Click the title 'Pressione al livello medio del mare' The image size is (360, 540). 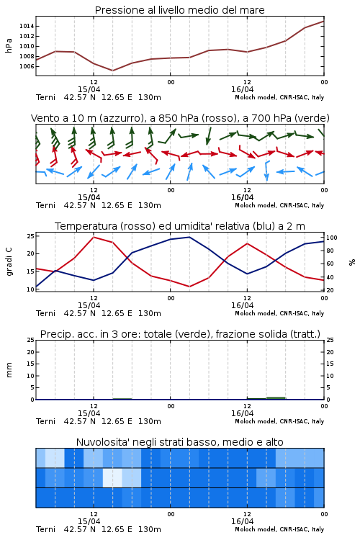click(x=179, y=10)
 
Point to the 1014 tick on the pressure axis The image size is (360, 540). click(x=27, y=26)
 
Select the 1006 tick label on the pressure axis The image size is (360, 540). click(x=27, y=66)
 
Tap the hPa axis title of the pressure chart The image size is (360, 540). click(x=9, y=45)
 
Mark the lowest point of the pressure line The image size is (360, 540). click(x=112, y=71)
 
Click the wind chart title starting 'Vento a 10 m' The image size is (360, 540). click(x=180, y=118)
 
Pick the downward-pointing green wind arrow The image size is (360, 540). click(x=209, y=136)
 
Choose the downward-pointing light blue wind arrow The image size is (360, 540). click(x=266, y=171)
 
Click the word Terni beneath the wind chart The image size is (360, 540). click(x=45, y=205)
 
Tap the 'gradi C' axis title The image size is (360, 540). click(x=9, y=262)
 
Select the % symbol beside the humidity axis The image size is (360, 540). click(x=352, y=262)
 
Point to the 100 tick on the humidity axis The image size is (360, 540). click(x=332, y=238)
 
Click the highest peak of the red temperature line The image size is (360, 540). click(x=94, y=237)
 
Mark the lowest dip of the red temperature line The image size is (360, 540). click(x=190, y=287)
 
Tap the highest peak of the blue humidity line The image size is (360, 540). click(x=189, y=237)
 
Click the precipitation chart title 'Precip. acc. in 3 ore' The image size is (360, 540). click(x=180, y=334)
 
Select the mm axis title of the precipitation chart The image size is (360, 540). click(x=9, y=370)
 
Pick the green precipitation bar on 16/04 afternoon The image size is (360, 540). click(x=276, y=398)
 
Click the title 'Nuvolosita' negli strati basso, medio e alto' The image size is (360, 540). click(x=179, y=442)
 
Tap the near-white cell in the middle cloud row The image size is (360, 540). click(x=112, y=477)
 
